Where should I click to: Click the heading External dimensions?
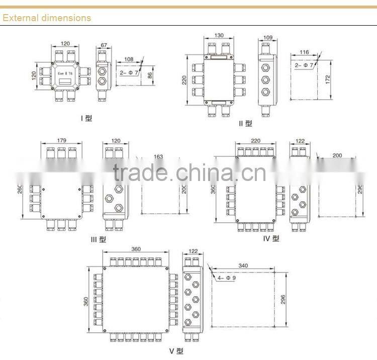(47, 18)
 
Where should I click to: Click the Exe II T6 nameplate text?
(65, 73)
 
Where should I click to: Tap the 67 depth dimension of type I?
(104, 46)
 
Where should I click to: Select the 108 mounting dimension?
(129, 59)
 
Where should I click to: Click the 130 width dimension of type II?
(219, 36)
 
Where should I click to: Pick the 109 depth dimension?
(267, 37)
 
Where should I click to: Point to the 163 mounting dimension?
(158, 156)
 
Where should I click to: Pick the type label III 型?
(98, 240)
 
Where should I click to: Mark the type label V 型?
(176, 350)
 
